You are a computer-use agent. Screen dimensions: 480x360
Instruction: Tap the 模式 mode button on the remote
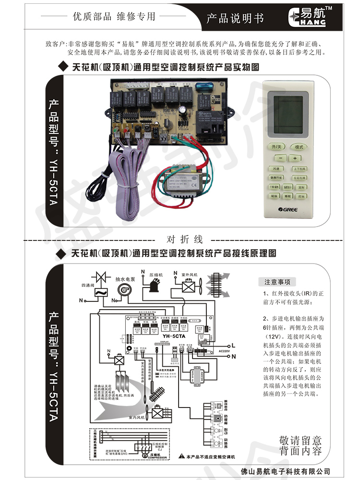point(299,146)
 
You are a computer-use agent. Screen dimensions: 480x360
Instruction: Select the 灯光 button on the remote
point(301,196)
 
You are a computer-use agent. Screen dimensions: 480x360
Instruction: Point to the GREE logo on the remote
point(288,209)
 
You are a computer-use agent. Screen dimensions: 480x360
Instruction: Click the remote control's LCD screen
point(288,111)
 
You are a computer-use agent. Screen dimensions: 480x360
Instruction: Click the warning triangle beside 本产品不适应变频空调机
point(182,455)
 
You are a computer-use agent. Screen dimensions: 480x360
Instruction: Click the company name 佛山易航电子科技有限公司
point(288,471)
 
